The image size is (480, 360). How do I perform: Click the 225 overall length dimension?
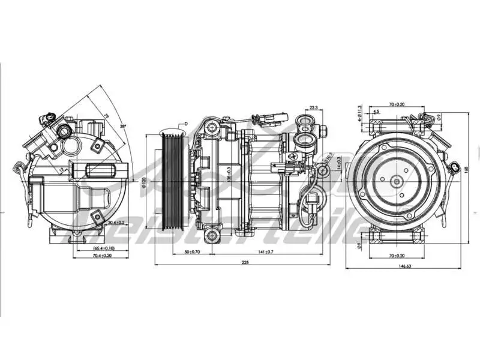(245, 262)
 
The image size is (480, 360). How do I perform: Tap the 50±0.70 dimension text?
(193, 252)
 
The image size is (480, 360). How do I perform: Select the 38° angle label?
(122, 127)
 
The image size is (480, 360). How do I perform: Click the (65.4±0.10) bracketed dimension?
(96, 248)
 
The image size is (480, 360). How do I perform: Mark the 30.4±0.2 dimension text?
(116, 223)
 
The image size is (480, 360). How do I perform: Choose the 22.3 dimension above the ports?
(313, 108)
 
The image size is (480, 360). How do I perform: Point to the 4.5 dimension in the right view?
(376, 112)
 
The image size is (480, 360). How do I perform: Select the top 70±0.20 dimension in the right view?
(396, 105)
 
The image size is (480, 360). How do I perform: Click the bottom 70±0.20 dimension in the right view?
(396, 256)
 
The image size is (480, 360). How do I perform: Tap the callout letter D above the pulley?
(186, 124)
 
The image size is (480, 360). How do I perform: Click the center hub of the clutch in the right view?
(397, 180)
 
